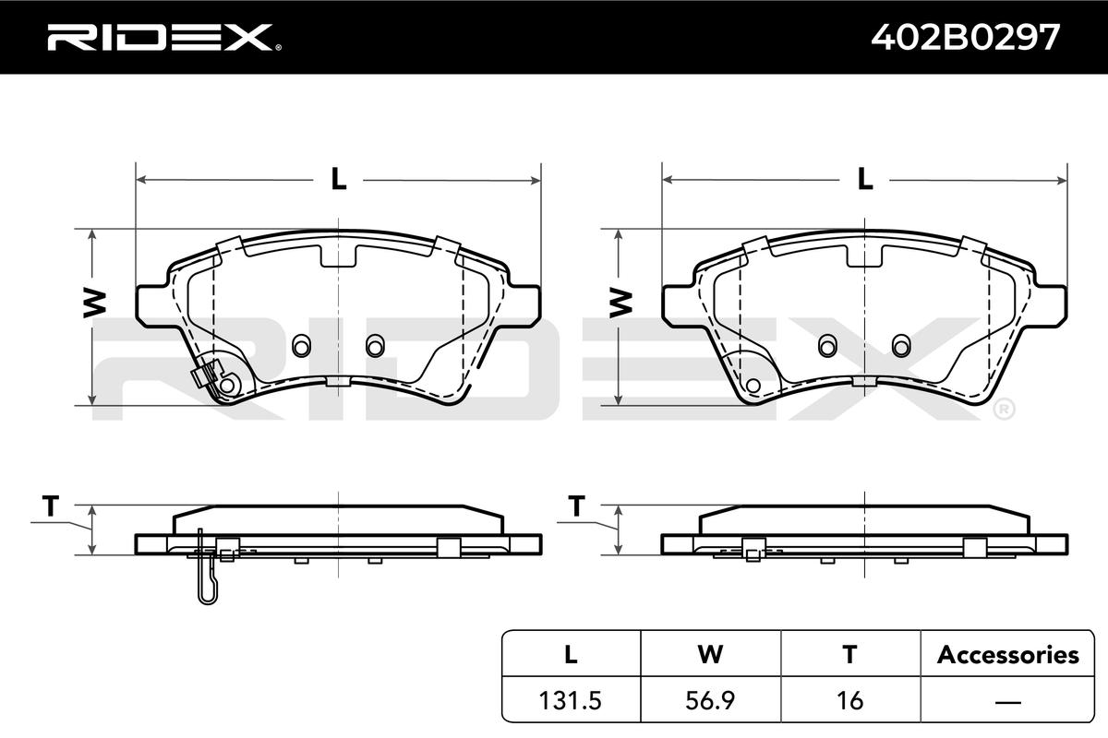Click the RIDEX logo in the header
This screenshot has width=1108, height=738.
tap(164, 38)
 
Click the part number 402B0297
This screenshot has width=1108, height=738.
tap(965, 38)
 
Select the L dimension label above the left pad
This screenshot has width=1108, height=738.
tap(338, 179)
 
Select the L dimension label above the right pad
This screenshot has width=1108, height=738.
tap(864, 179)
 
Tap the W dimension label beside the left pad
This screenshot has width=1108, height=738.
tap(94, 303)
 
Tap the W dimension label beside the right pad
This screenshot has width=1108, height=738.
tap(620, 303)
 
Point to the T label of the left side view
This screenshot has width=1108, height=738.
tap(51, 506)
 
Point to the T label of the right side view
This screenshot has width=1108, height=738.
tap(577, 506)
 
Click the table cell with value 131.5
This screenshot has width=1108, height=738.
tap(571, 700)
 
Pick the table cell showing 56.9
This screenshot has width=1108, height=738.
tap(710, 700)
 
